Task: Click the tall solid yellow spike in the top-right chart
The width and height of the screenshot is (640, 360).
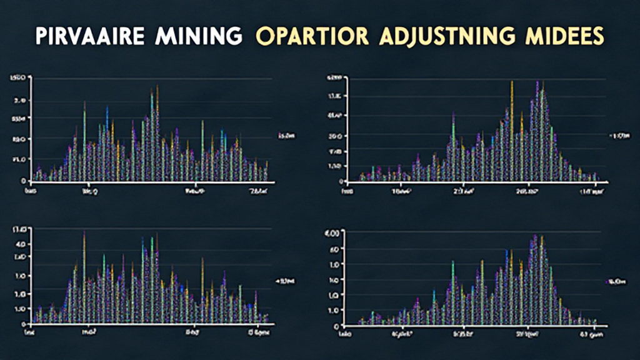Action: pyautogui.click(x=512, y=112)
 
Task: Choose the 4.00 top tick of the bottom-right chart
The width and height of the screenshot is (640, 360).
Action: pyautogui.click(x=332, y=233)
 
